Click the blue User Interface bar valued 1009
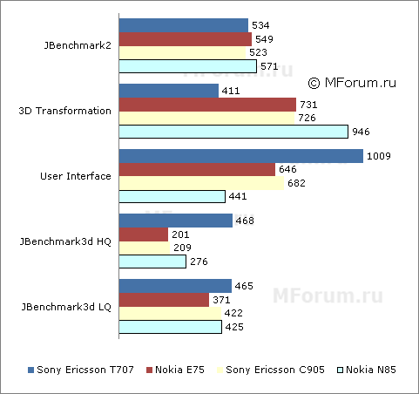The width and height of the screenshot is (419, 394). [x=240, y=156]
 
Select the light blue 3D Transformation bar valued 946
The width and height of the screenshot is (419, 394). [x=233, y=132]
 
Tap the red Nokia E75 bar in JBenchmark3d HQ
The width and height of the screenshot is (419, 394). [x=143, y=234]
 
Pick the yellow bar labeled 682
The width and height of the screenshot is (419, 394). [x=201, y=183]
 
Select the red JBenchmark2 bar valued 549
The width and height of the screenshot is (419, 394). [x=185, y=39]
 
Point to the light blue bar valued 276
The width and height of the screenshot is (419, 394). [x=152, y=262]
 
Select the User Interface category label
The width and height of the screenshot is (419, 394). [x=76, y=176]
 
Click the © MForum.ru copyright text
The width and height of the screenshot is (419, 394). [x=352, y=83]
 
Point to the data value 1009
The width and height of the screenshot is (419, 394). [x=379, y=157]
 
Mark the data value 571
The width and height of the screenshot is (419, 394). [x=269, y=66]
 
